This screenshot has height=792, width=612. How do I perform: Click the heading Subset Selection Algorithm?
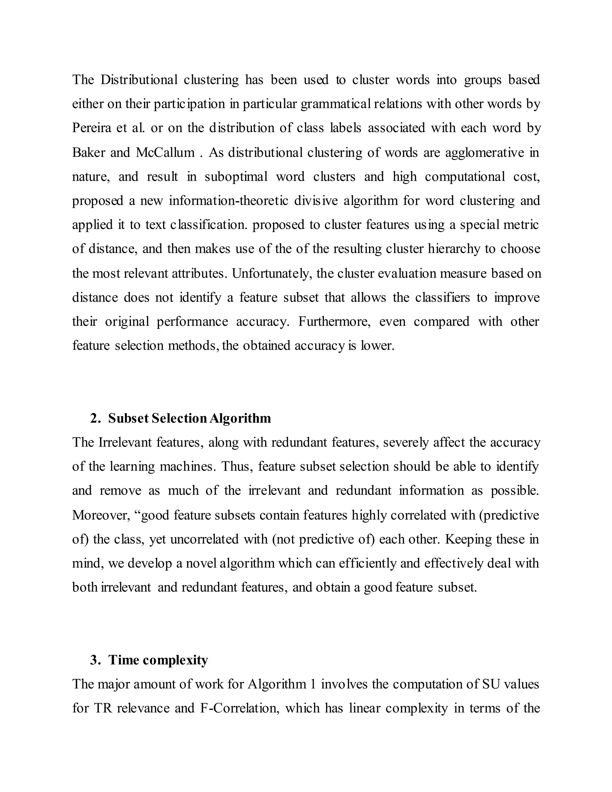189,418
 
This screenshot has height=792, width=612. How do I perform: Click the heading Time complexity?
158,660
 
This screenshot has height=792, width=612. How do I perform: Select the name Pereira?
92,128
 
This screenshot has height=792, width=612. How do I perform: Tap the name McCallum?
165,152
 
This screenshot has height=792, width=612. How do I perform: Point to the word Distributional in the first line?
139,79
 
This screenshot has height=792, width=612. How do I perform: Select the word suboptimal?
236,177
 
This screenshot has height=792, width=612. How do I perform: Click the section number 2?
95,418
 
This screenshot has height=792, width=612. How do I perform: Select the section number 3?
95,660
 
